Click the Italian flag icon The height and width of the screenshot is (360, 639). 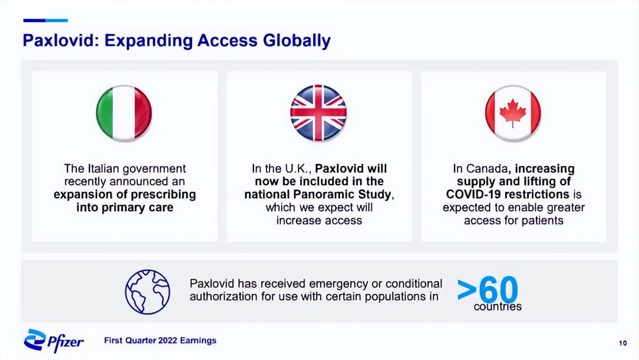tap(124, 113)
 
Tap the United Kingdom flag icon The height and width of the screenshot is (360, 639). tap(319, 113)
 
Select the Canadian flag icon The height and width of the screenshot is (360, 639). tap(513, 113)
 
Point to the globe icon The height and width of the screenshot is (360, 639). tap(148, 292)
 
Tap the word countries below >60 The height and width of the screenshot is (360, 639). tap(498, 307)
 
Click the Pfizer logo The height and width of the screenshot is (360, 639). tap(54, 341)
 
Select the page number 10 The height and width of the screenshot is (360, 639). tap(623, 343)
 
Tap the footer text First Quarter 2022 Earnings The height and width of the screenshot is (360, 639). tap(160, 341)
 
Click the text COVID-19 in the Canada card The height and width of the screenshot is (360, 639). tap(473, 195)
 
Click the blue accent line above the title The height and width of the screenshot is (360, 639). tap(46, 20)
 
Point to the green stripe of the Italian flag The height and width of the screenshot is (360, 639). tap(105, 113)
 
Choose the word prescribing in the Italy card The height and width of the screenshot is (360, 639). tap(163, 195)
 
